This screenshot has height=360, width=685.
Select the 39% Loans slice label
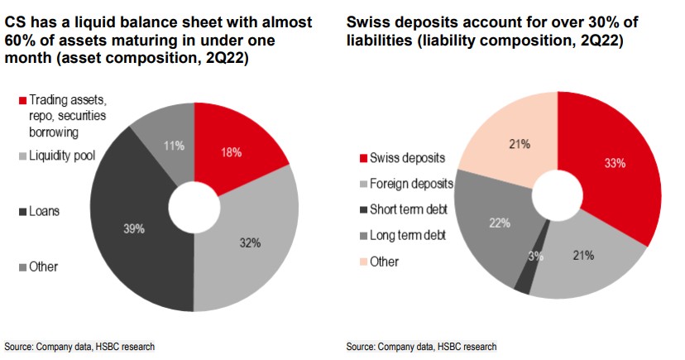click(x=134, y=228)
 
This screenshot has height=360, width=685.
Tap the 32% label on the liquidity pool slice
click(x=250, y=242)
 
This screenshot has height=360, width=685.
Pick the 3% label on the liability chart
click(x=535, y=257)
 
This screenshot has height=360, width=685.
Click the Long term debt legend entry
click(x=408, y=235)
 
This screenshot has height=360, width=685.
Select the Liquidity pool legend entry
click(x=66, y=155)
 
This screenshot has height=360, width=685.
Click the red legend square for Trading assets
click(x=22, y=101)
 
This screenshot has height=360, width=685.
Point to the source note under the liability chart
click(x=421, y=346)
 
